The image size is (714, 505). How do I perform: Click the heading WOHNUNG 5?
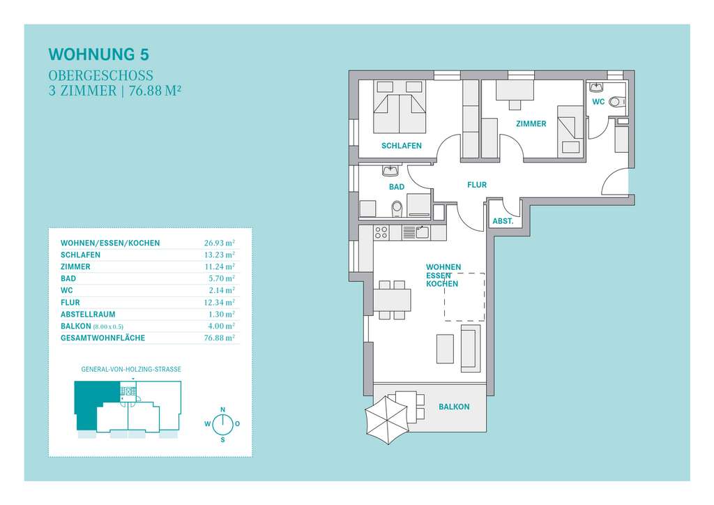(x=99, y=54)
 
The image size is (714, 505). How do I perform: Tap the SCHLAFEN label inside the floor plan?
(x=401, y=146)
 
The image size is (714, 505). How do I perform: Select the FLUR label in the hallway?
(x=477, y=185)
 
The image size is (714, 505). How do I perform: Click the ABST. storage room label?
(x=503, y=221)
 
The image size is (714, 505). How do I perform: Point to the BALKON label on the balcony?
(x=454, y=407)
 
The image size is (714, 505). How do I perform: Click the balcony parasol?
(x=386, y=420)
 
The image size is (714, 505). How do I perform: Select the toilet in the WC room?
(x=616, y=102)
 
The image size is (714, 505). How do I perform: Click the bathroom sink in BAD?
(x=390, y=171)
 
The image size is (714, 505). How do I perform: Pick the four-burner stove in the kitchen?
(x=381, y=233)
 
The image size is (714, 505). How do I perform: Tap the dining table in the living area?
(x=392, y=300)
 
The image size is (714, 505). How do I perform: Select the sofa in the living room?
(x=471, y=347)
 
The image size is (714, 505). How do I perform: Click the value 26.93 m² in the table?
(x=220, y=243)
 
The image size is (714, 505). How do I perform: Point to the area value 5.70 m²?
(x=222, y=278)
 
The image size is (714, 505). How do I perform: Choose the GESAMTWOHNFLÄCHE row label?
(x=103, y=338)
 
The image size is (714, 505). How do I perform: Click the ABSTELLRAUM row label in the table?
(x=88, y=314)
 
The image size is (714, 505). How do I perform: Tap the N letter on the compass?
(x=222, y=410)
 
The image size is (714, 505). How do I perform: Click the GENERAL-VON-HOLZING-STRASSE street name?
(x=131, y=369)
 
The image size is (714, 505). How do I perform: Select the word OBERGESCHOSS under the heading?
(x=100, y=75)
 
